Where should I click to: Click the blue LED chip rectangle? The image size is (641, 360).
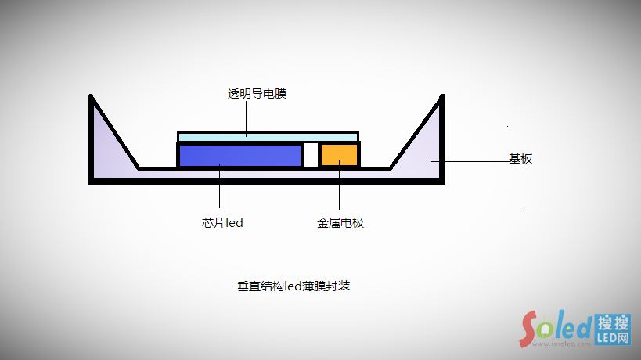click(x=239, y=155)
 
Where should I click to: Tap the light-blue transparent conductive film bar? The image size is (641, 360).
click(x=268, y=137)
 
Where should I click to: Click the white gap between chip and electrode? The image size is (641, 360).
click(x=311, y=154)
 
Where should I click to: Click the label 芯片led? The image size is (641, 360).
click(x=222, y=223)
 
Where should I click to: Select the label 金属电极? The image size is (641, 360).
click(x=340, y=223)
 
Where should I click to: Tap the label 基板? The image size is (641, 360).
click(x=520, y=159)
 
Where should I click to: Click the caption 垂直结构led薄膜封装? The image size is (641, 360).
click(x=293, y=286)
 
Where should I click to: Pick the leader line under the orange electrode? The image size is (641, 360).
click(x=340, y=188)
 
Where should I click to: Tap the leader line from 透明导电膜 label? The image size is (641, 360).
click(x=247, y=117)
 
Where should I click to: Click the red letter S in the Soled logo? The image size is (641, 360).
click(x=533, y=328)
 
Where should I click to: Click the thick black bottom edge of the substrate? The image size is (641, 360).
click(x=266, y=181)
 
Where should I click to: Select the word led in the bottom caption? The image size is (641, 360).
click(x=292, y=286)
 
